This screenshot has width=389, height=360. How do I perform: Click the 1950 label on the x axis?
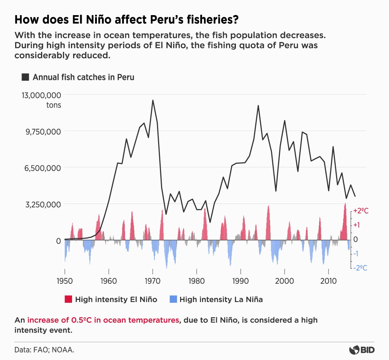tap(65, 281)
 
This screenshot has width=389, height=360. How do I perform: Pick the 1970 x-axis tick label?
tap(153, 281)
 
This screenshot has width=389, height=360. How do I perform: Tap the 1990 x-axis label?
tap(241, 281)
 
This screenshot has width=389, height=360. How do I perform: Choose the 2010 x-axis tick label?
tap(328, 281)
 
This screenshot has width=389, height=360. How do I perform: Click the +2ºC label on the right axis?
tap(361, 211)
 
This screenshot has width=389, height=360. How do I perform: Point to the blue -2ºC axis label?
tap(360, 268)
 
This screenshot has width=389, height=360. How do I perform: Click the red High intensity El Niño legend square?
tap(68, 299)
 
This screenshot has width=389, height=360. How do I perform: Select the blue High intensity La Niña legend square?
tap(173, 299)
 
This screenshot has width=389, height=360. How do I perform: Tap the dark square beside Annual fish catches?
tap(25, 77)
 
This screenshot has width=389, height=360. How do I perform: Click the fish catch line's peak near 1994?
tap(258, 105)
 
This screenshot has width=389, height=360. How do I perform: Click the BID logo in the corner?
tap(361, 350)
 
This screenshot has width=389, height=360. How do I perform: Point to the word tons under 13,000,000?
tap(54, 105)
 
